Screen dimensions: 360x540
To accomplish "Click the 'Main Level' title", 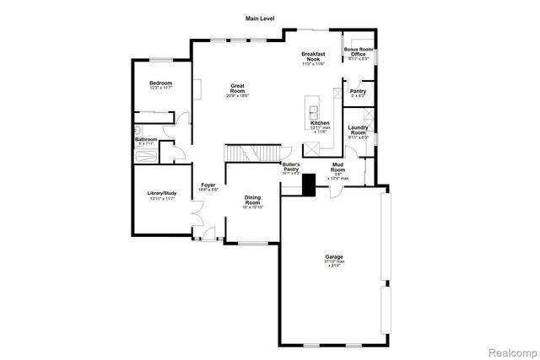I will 260,18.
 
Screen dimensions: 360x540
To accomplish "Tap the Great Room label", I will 242,88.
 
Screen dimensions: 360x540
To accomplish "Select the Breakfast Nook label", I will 313,57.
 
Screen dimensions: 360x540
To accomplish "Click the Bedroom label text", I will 161,83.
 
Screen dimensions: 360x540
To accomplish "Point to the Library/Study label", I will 161,193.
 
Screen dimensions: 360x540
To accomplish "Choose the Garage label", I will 335,256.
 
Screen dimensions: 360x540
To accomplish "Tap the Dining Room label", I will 252,201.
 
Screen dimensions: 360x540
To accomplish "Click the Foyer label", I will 208,185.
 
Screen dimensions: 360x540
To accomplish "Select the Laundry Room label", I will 359,132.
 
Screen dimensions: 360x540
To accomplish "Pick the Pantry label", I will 358,91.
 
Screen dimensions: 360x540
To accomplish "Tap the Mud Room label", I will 337,169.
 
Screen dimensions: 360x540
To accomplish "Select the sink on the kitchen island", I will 312,111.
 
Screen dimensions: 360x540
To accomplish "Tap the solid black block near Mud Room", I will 309,185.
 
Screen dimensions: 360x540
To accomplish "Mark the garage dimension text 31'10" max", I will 335,261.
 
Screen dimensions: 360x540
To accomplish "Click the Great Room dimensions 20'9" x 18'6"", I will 242,95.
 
